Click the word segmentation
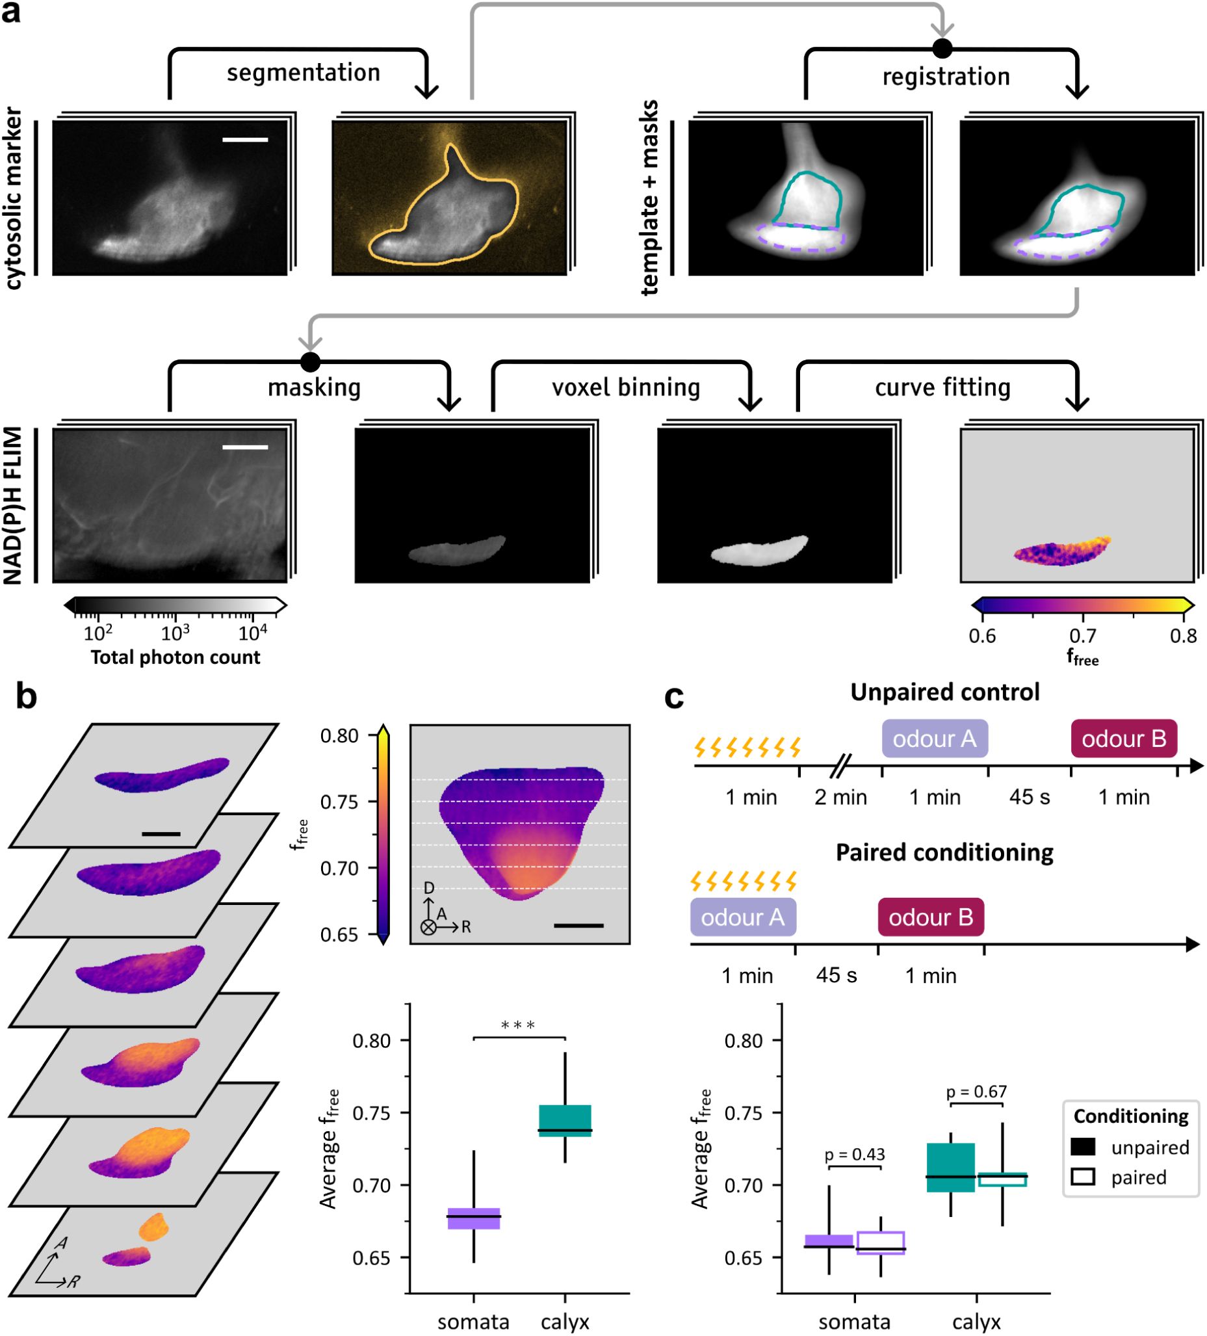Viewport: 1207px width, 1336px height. point(304,73)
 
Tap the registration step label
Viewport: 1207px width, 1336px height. point(945,77)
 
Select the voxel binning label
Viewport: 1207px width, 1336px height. point(625,387)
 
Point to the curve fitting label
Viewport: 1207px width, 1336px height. point(942,387)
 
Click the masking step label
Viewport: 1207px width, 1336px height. point(314,387)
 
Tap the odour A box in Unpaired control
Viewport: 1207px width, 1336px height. point(934,739)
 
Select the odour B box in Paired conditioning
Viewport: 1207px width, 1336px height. point(930,917)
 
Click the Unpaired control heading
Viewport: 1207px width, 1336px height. point(944,692)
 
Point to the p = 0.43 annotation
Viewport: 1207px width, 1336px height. point(855,1154)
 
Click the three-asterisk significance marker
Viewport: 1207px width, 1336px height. point(518,1027)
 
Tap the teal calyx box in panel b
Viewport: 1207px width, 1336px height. point(564,1121)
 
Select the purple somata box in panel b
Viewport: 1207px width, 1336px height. point(473,1218)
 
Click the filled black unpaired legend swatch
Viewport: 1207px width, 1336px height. point(1082,1146)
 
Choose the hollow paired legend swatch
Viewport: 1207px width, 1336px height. point(1082,1177)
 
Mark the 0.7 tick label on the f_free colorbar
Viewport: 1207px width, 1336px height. point(1082,636)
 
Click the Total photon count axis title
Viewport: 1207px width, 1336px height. point(175,657)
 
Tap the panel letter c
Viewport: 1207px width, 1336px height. point(674,697)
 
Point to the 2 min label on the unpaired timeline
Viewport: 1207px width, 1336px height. point(840,796)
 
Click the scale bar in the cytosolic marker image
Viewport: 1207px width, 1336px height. point(245,140)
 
